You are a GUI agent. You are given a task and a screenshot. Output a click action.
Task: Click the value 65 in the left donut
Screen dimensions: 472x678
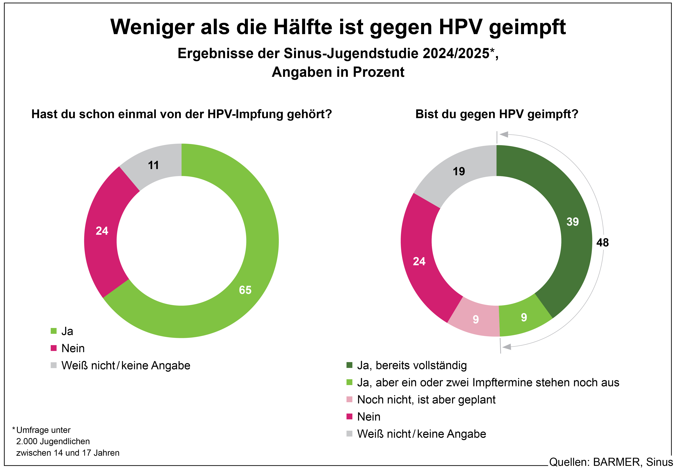click(x=245, y=290)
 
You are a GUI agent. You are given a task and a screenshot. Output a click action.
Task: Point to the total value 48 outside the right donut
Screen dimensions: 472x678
click(x=602, y=243)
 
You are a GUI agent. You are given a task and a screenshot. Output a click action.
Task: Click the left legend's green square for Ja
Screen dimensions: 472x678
click(x=54, y=331)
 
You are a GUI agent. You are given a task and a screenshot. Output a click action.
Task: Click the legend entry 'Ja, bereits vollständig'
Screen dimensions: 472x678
click(x=412, y=365)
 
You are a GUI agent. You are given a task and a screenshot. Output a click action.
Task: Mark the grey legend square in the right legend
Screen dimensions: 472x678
click(x=349, y=434)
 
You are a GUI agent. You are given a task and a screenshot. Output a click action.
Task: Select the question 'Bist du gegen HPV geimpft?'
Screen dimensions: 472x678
click(x=497, y=114)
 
